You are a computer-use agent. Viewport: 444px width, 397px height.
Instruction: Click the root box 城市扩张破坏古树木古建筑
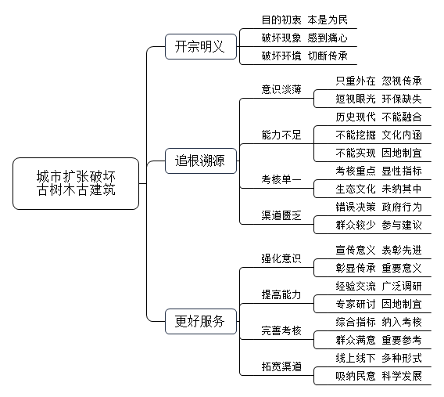tap(76, 183)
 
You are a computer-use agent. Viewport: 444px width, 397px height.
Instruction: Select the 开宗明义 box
tap(201, 46)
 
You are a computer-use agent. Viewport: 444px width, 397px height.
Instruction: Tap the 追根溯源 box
tap(201, 161)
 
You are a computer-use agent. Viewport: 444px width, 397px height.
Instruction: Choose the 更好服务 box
tap(201, 321)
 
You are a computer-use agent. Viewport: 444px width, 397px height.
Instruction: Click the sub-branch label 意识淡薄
tap(281, 89)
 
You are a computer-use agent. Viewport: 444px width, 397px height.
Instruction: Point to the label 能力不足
tap(281, 135)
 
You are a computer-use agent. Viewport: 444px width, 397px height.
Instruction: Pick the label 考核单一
tap(281, 179)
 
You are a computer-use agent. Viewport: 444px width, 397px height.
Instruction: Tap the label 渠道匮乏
tap(281, 215)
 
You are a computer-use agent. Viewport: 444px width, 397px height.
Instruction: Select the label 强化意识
tap(281, 258)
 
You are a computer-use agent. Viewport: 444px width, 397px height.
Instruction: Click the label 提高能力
tap(281, 294)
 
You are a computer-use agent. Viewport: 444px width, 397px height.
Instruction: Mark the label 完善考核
tap(281, 330)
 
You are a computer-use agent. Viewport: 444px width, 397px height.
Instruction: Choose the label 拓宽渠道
tap(281, 366)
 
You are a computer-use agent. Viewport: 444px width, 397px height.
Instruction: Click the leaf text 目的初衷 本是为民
tap(304, 20)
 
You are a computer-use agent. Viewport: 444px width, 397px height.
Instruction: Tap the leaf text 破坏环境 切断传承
tap(304, 56)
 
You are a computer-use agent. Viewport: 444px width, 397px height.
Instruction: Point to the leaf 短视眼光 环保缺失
tap(378, 99)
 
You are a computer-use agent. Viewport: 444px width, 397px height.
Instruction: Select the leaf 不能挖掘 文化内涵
tap(378, 135)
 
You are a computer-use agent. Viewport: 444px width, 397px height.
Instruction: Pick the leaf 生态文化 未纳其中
tap(378, 189)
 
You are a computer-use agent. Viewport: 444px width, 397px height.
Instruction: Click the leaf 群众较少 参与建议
tap(378, 225)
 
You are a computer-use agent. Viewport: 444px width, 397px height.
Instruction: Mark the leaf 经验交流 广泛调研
tap(378, 286)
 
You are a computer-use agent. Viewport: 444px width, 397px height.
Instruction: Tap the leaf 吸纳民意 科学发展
tap(378, 376)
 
